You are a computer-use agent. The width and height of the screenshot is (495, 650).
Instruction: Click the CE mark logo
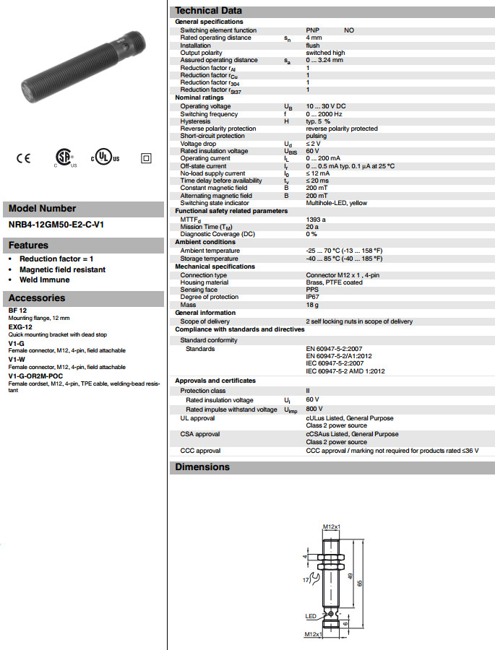[x=23, y=158]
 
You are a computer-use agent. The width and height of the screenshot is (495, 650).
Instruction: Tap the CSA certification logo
[x=64, y=158]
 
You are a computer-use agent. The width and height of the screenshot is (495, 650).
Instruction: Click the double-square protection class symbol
[x=145, y=158]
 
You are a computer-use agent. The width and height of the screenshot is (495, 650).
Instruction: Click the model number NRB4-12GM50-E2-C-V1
[x=56, y=225]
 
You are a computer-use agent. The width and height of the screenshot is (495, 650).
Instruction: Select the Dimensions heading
[x=202, y=467]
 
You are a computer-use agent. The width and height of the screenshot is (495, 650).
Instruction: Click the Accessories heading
[x=37, y=298]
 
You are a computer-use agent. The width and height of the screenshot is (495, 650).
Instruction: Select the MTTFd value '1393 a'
[x=316, y=219]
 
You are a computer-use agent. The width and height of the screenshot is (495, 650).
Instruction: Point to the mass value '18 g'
[x=312, y=305]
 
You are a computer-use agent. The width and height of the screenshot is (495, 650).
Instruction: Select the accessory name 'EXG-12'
[x=20, y=326]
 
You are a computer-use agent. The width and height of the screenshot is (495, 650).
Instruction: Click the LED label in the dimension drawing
[x=310, y=615]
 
